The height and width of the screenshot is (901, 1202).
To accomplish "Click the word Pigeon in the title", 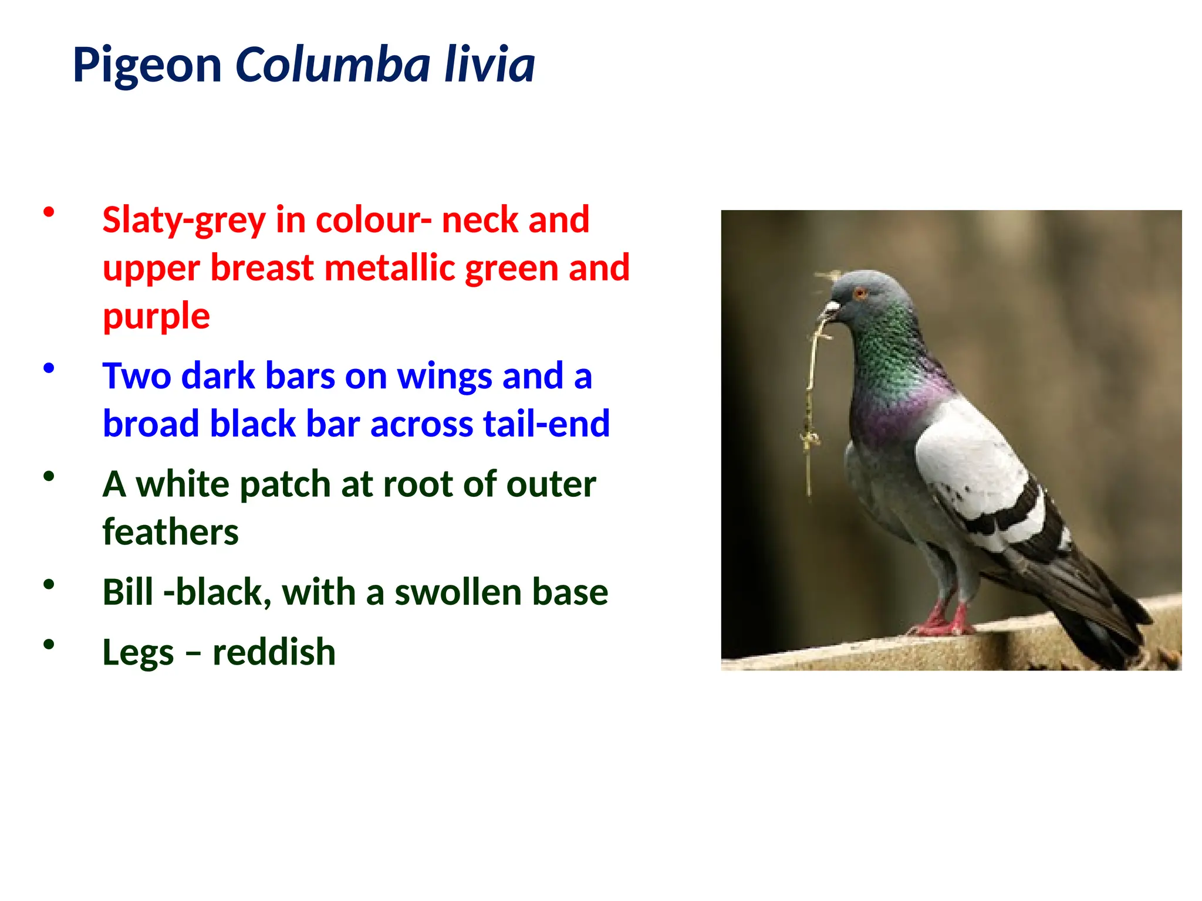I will [147, 65].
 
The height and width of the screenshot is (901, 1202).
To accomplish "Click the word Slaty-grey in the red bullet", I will [183, 221].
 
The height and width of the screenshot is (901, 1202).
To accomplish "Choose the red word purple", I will [156, 317].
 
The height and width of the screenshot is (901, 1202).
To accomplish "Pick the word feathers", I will [170, 532].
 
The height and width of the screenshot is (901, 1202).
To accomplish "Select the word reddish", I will [274, 652].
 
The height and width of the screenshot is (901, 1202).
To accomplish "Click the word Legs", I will [138, 652].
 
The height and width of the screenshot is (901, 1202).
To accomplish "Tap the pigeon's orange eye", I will [860, 293].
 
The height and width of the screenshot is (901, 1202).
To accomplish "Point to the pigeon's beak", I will [830, 310].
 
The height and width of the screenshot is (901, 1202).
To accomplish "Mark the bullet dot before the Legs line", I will [49, 645].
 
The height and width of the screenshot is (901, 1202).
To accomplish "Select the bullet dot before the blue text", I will [49, 368].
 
